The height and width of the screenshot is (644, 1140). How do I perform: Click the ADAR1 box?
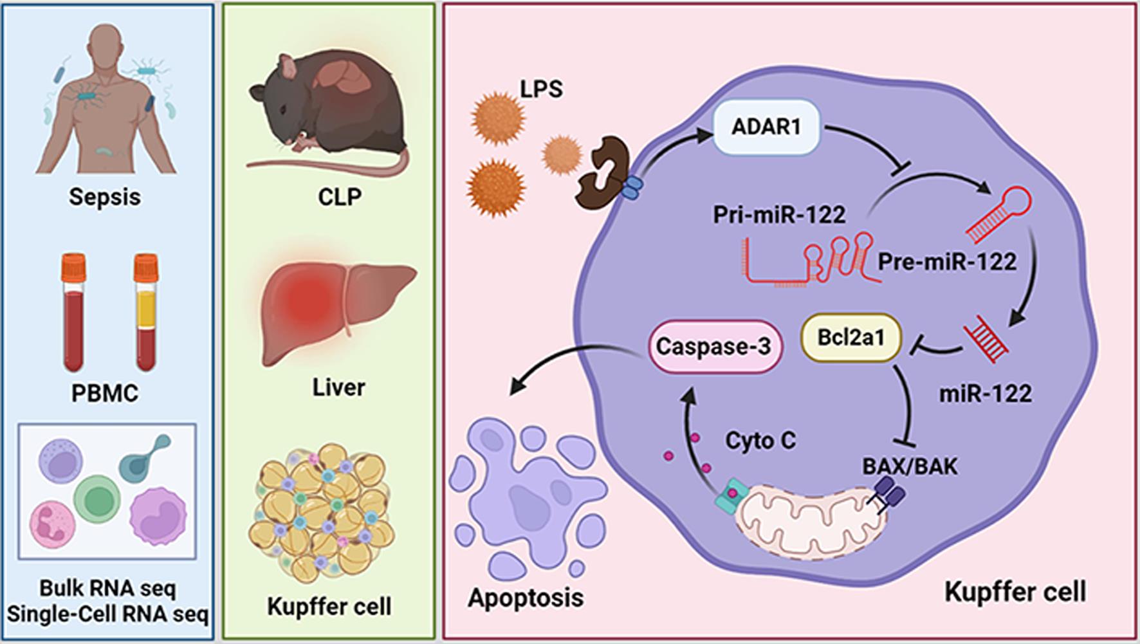[766, 127]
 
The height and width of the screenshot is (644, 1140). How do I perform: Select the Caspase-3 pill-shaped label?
[713, 346]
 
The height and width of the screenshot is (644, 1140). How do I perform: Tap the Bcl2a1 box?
[850, 337]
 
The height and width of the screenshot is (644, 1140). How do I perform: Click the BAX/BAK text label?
[910, 466]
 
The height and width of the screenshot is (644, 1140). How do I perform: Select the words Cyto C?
[760, 441]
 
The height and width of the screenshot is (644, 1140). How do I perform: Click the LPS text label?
[541, 88]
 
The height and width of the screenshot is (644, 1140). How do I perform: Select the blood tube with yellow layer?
[146, 312]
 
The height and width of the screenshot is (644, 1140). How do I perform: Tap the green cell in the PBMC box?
[97, 499]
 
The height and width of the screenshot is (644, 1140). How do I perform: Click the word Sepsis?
[105, 196]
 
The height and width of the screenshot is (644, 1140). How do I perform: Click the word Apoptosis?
[526, 597]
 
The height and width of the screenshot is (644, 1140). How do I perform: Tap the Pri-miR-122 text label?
[779, 214]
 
